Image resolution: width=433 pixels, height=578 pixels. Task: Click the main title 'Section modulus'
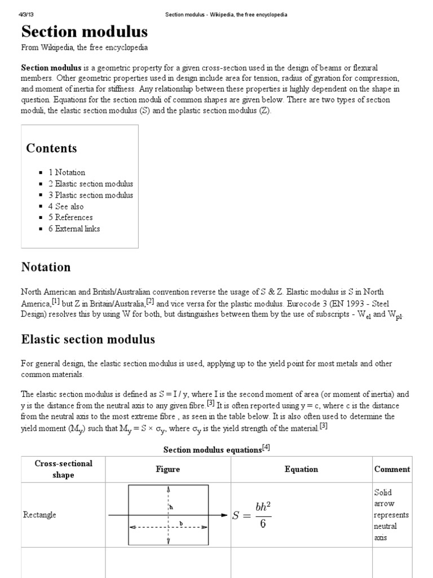85,31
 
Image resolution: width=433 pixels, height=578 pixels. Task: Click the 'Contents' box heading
51,148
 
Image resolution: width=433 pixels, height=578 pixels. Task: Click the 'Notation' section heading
46,267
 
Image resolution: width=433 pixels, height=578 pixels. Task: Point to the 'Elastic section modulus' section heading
88,339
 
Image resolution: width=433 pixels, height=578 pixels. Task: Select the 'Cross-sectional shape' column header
63,469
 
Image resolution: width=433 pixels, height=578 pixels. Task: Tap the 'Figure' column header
168,469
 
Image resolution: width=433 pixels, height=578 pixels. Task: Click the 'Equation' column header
301,469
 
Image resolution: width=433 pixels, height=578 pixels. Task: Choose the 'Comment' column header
392,469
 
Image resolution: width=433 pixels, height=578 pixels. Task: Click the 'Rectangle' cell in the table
39,515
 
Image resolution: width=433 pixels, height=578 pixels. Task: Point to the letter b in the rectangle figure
181,523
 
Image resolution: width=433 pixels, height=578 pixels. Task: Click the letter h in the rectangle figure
171,507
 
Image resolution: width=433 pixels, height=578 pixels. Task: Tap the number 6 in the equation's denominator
263,524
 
